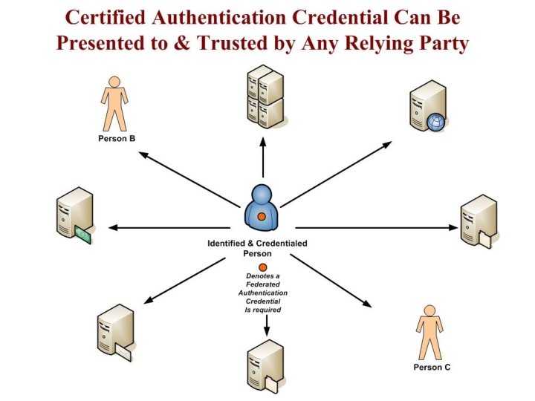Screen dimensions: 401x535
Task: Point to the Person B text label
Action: [116, 138]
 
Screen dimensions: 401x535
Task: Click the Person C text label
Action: [432, 367]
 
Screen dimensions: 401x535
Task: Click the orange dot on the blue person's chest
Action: [262, 216]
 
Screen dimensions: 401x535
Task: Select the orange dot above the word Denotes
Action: [262, 268]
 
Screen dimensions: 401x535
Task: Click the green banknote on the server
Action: [83, 236]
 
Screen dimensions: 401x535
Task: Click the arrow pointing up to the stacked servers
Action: [262, 157]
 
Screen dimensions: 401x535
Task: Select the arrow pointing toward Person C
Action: [331, 281]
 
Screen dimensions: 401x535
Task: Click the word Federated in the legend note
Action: [262, 284]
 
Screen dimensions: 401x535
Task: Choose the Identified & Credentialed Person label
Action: [257, 248]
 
